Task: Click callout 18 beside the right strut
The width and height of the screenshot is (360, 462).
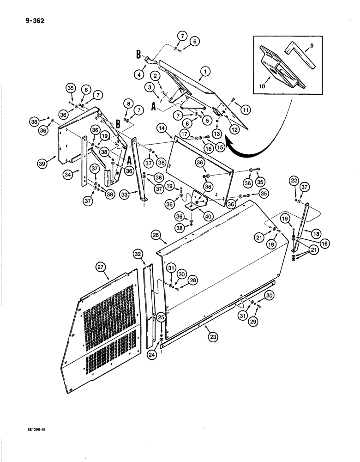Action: click(x=317, y=235)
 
